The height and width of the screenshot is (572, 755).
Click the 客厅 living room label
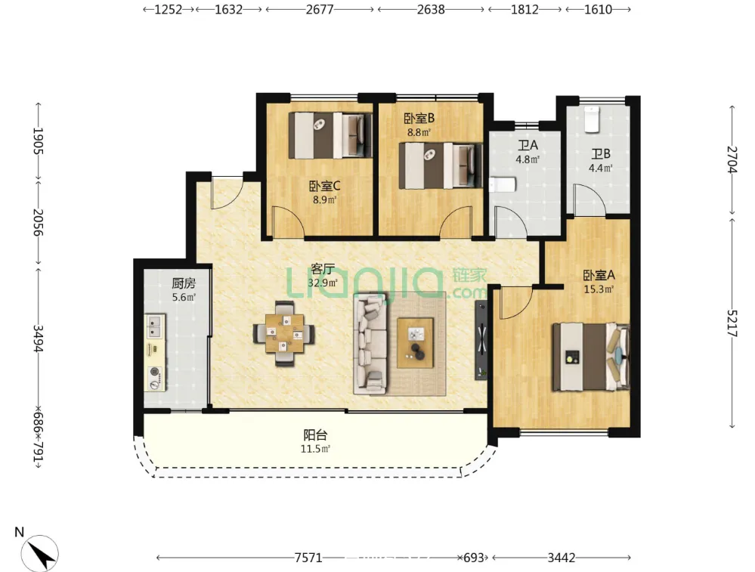[322, 269]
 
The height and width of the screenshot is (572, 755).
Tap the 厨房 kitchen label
[184, 283]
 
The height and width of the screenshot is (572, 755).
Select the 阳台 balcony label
[315, 435]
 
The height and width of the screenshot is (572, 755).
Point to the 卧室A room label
[599, 275]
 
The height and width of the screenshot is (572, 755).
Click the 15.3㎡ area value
[599, 289]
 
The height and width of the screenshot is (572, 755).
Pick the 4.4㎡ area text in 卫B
[600, 168]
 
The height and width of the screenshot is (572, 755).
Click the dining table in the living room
[285, 333]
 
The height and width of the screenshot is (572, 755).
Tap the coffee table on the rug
[415, 343]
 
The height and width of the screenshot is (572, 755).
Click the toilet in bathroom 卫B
[592, 119]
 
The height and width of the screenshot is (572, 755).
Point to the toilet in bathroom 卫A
[503, 185]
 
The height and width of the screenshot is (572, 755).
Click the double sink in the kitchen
[155, 326]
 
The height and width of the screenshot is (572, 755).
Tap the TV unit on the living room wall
[481, 341]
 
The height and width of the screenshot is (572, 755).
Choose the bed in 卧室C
[330, 135]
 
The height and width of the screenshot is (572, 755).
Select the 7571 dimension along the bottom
[308, 558]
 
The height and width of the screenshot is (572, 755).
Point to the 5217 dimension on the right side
[732, 323]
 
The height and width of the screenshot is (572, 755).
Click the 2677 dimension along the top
[320, 9]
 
